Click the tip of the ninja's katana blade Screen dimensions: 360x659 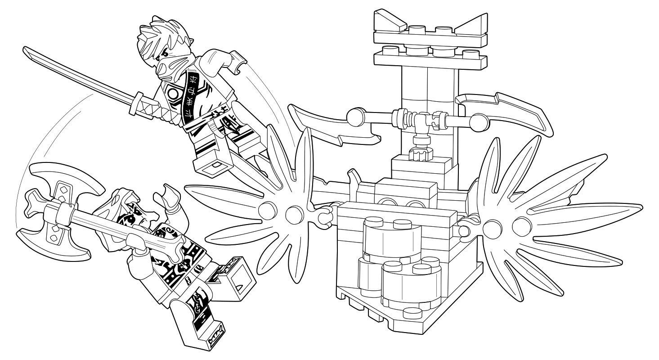(x=26, y=49)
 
